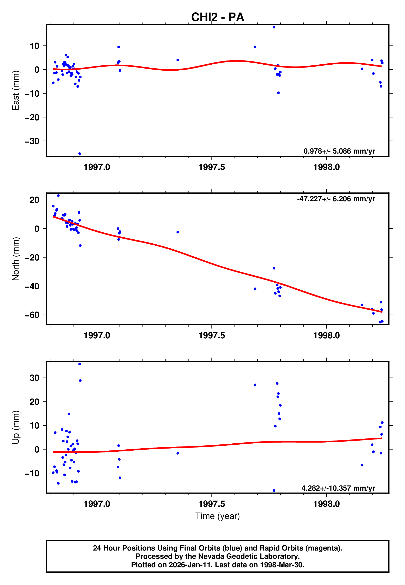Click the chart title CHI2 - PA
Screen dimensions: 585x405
[x=218, y=17]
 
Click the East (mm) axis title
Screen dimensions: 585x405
[x=16, y=90]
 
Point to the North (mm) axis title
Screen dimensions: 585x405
[x=16, y=259]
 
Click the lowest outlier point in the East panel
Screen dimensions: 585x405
[x=79, y=154]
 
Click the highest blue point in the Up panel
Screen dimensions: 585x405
[x=79, y=364]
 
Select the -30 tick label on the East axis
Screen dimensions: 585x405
[x=32, y=141]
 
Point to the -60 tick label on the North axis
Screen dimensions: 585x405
[x=32, y=315]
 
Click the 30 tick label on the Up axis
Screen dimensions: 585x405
[x=34, y=378]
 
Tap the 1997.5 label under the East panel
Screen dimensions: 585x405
[x=212, y=167]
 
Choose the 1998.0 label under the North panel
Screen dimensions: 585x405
[x=326, y=335]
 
